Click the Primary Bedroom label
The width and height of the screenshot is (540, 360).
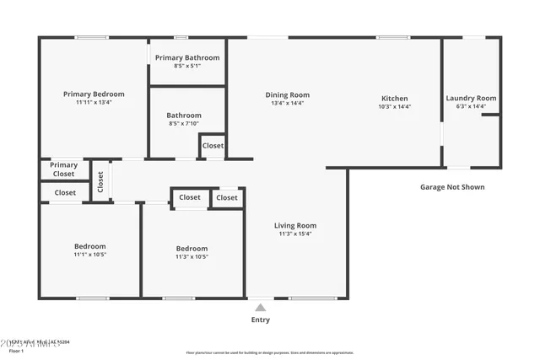tap(94, 94)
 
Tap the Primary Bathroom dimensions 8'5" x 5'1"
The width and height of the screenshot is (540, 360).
tap(186, 66)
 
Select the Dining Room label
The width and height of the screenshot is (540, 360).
tap(287, 95)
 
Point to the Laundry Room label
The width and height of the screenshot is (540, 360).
tap(471, 98)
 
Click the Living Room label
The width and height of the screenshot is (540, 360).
tap(294, 225)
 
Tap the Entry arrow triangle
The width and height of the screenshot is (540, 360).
tap(260, 308)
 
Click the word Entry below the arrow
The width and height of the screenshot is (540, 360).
tap(260, 320)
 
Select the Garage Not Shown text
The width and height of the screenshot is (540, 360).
tap(452, 187)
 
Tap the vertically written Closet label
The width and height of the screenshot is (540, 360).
tap(100, 181)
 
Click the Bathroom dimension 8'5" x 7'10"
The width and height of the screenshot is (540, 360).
tap(184, 124)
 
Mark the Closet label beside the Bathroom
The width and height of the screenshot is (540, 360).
tap(213, 146)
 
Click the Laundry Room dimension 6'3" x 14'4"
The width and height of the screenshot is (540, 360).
tap(471, 107)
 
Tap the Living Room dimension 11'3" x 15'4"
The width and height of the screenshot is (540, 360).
tap(294, 234)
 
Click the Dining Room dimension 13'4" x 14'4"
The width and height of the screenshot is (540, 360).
tap(287, 104)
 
